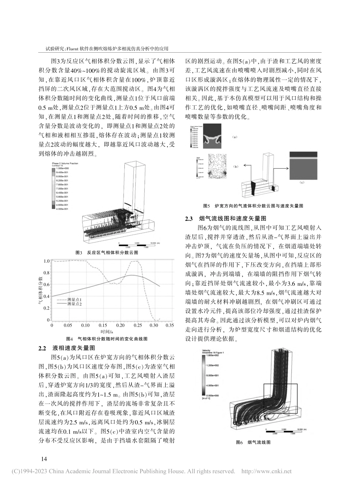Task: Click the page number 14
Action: pyautogui.click(x=44, y=459)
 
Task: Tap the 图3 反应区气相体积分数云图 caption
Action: pyautogui.click(x=107, y=252)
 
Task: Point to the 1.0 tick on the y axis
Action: pyautogui.click(x=47, y=261)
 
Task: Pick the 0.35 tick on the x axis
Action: pyautogui.click(x=169, y=325)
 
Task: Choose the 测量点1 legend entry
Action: pyautogui.click(x=74, y=300)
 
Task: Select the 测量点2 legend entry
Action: pyautogui.click(x=74, y=304)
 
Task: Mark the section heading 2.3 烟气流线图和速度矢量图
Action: pyautogui.click(x=225, y=219)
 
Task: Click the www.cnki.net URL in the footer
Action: pyautogui.click(x=266, y=471)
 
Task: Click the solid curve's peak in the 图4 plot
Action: pyautogui.click(x=131, y=275)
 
